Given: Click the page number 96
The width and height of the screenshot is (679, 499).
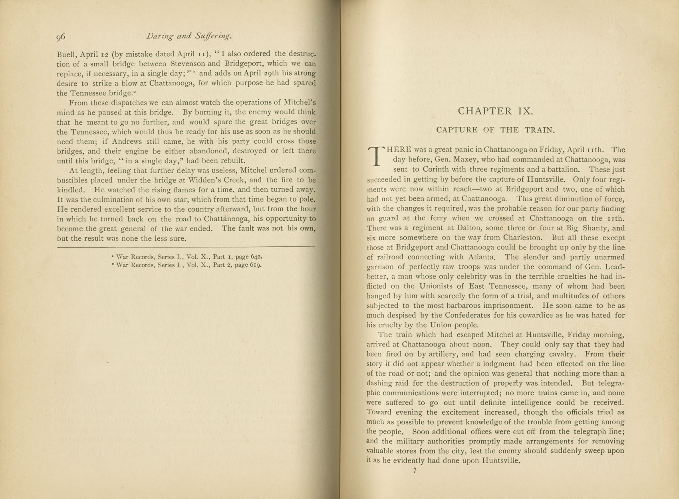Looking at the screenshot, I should [x=61, y=37].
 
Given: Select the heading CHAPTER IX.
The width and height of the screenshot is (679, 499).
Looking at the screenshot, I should [x=495, y=111].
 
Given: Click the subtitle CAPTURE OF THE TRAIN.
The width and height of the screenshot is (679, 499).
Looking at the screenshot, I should [x=496, y=130].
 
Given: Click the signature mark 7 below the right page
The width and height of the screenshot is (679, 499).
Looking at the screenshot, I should [x=415, y=471].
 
